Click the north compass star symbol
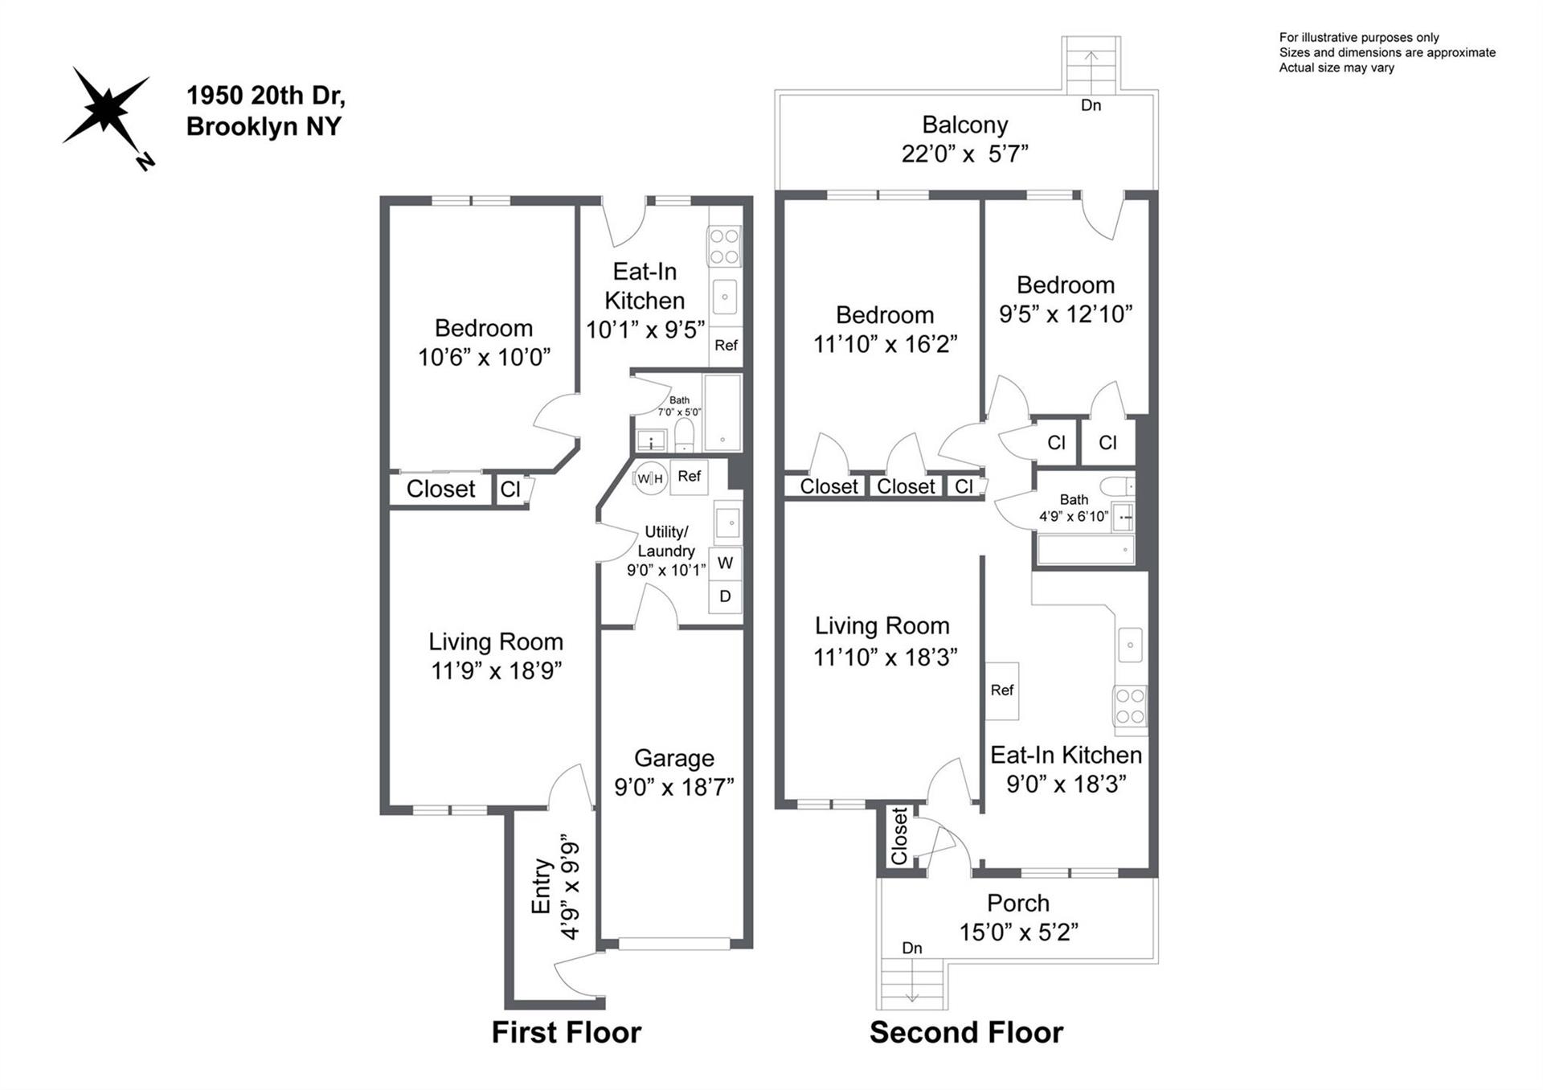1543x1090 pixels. [106, 111]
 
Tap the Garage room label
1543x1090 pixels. [673, 758]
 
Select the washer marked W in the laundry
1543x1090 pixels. [725, 563]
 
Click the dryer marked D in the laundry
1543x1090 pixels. [725, 596]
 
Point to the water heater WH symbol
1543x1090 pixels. [649, 479]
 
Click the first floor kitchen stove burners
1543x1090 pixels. [723, 246]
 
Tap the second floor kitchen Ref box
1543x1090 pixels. [1002, 690]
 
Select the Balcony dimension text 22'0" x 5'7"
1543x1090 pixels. [964, 154]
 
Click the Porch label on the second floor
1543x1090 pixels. [1018, 903]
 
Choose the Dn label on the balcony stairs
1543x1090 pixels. [1091, 105]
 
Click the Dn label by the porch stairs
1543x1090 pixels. [911, 948]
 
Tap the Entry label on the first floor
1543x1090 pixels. [542, 887]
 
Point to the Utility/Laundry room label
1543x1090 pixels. [666, 541]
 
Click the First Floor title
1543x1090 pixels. [567, 1032]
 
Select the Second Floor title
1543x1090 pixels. [966, 1032]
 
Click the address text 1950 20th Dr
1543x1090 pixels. [266, 96]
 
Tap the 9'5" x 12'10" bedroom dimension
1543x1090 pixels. [1066, 313]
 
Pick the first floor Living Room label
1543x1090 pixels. [495, 641]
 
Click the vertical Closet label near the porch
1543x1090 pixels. [898, 836]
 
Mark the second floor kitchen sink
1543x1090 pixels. [1130, 645]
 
